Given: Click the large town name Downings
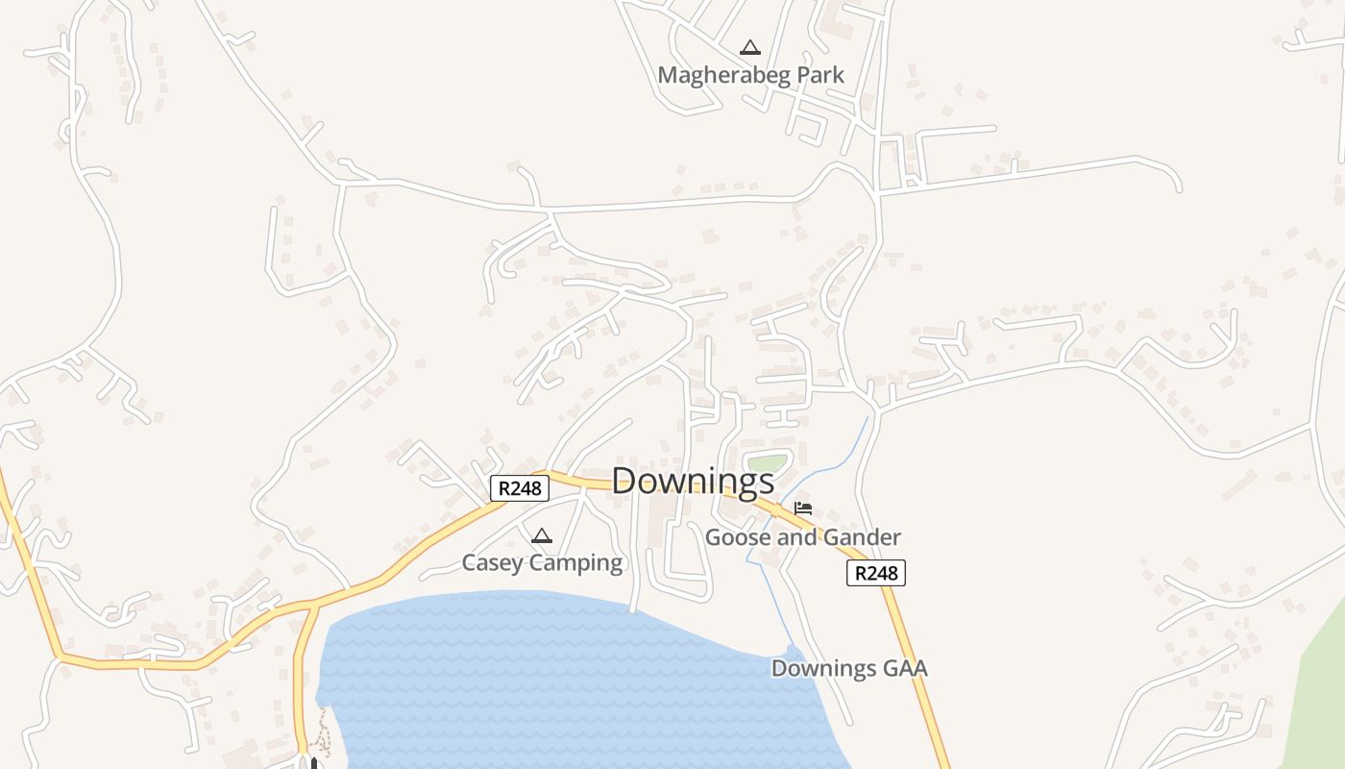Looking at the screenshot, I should tap(693, 481).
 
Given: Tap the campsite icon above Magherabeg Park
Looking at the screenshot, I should tap(749, 47).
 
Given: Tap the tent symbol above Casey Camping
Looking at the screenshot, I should tap(542, 535).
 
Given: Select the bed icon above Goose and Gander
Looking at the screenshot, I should tap(803, 509).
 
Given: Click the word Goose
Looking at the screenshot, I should tap(737, 537).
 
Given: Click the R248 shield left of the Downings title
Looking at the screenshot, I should tap(520, 488).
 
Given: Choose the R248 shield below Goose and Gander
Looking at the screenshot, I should tap(876, 573).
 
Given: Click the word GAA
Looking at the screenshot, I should tap(905, 668).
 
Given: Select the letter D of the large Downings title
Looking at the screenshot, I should tap(625, 481).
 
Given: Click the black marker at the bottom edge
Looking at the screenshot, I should tap(312, 763).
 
